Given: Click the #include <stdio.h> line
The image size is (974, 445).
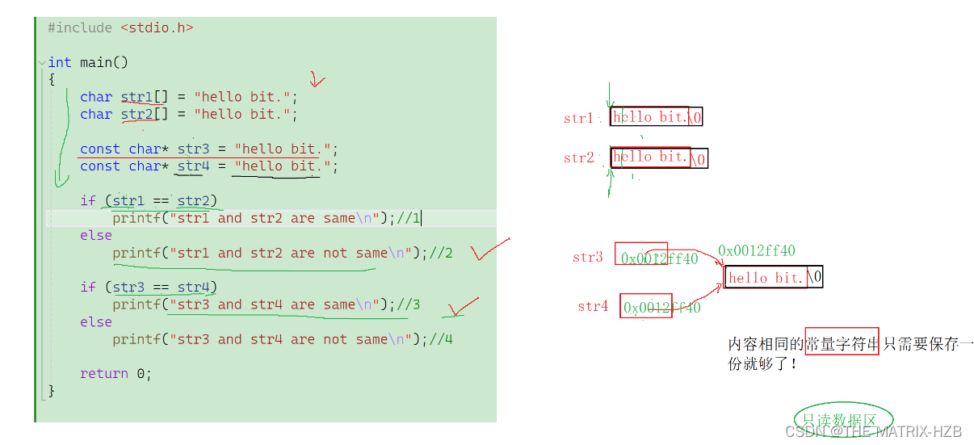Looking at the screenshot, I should click(120, 27).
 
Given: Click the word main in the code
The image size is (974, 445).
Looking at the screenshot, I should click(95, 62).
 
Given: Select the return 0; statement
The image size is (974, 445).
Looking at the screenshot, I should click(115, 373).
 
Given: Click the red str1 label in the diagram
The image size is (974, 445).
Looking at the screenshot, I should click(578, 119).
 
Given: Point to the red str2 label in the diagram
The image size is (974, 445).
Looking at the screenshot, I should click(579, 157).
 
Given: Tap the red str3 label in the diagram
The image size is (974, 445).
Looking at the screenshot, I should click(588, 257).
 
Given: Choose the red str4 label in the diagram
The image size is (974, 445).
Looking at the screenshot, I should click(593, 306).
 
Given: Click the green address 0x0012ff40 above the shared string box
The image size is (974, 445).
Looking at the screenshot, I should click(756, 250).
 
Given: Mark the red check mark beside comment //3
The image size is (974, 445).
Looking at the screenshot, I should click(464, 307).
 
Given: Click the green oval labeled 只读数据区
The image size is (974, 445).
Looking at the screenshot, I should click(843, 419).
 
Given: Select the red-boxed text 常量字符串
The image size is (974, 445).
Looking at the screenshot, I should click(842, 344).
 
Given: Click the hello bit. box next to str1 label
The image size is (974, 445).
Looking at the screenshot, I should click(649, 117).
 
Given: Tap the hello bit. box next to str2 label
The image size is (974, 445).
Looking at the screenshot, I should click(650, 157).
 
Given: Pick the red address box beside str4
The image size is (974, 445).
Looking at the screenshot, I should click(646, 306).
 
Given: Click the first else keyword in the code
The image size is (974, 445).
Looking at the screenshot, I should click(96, 235).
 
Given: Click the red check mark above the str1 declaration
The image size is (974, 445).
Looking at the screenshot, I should click(317, 80).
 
